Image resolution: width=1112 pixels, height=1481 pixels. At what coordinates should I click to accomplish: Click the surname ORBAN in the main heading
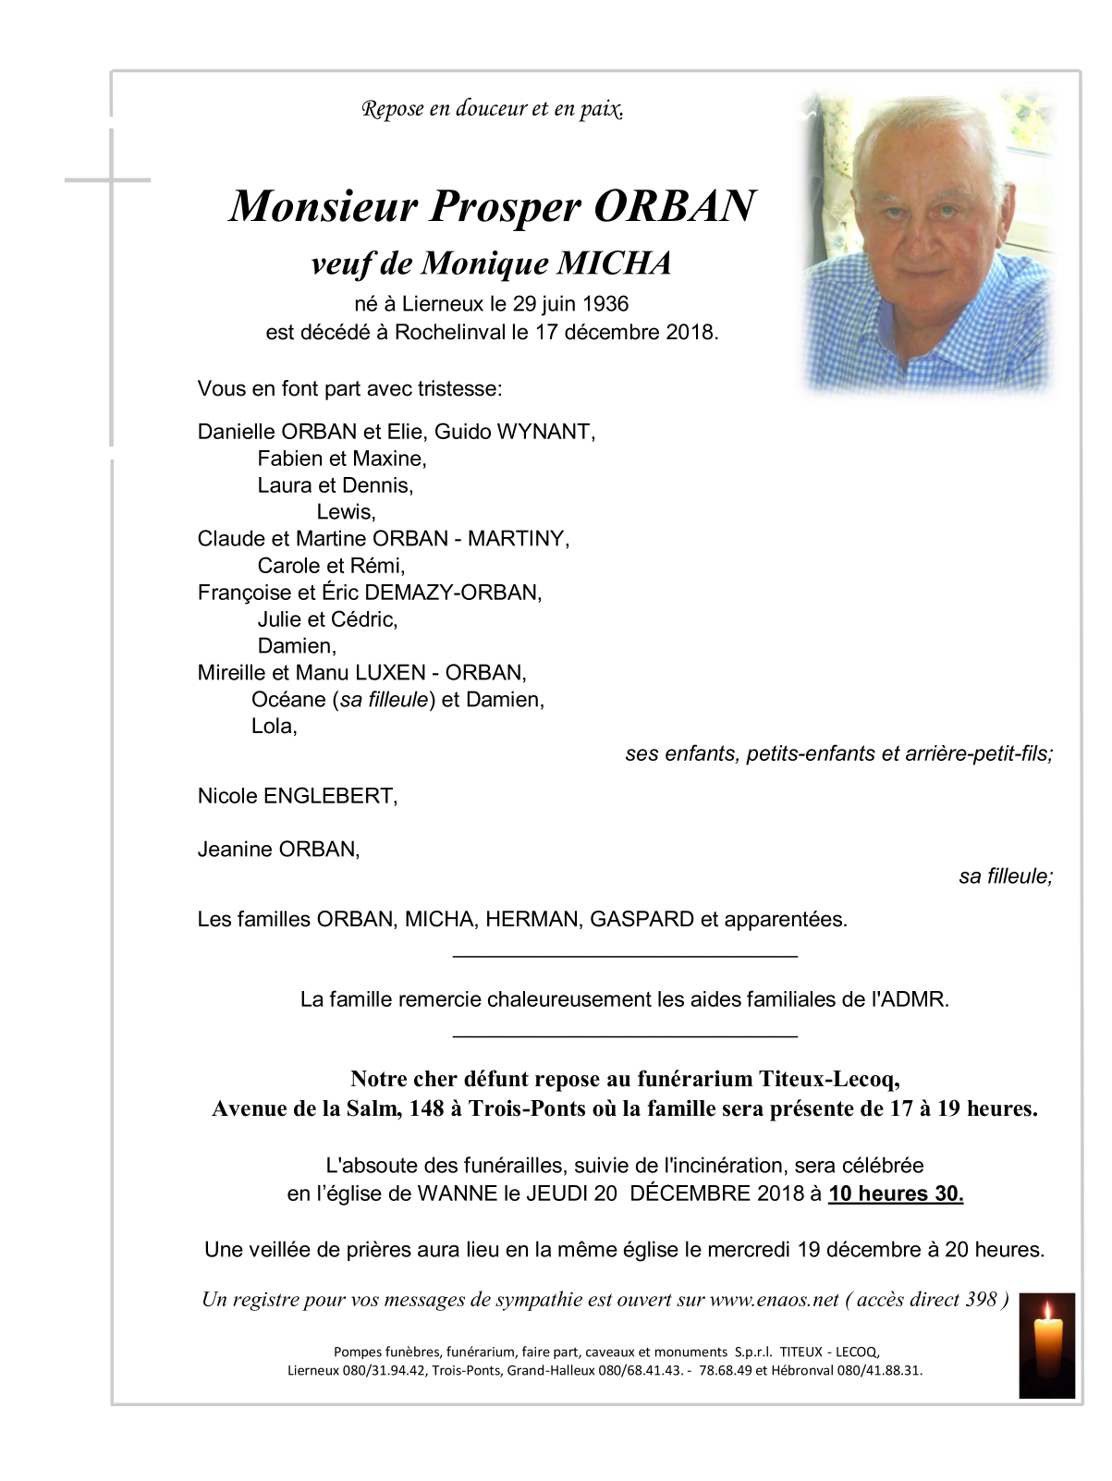click(674, 206)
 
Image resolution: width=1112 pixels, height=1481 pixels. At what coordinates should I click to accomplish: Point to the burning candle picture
click(1046, 1344)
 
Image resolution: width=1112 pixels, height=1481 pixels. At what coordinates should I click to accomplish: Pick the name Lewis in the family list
click(346, 512)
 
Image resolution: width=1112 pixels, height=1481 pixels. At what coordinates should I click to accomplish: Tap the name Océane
click(288, 700)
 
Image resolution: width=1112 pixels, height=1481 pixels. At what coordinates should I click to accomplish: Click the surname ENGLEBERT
click(330, 796)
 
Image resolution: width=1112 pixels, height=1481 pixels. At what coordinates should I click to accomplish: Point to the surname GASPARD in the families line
click(642, 920)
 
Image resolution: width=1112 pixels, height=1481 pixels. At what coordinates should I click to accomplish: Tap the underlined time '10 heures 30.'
click(896, 1194)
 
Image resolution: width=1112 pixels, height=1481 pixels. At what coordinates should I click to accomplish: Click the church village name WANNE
click(458, 1194)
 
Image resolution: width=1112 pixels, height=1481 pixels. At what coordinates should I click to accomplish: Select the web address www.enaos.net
click(774, 1300)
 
